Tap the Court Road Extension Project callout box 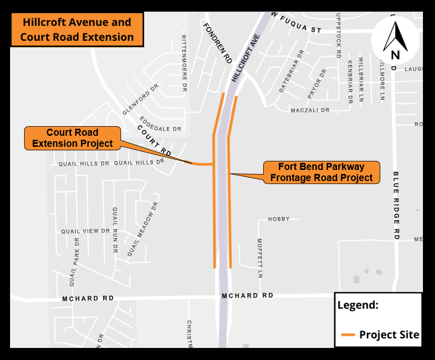(72, 138)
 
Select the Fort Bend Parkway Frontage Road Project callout (321, 172)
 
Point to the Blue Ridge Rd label (396, 205)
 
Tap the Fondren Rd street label (217, 43)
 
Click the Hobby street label (279, 219)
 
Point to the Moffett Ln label (260, 258)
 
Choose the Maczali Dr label (310, 110)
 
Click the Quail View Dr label (85, 231)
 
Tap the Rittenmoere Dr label (184, 63)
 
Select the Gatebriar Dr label (292, 70)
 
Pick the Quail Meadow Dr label (143, 230)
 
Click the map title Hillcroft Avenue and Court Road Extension (77, 30)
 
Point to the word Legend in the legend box (358, 305)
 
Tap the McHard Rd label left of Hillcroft (88, 298)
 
